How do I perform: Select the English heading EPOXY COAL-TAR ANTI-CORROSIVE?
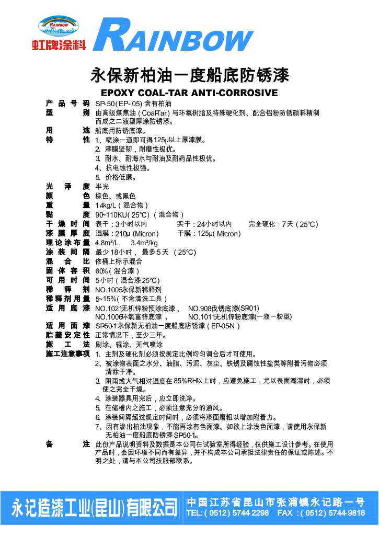click(x=189, y=94)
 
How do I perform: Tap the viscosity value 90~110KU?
click(x=110, y=215)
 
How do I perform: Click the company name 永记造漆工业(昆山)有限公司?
click(x=95, y=507)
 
